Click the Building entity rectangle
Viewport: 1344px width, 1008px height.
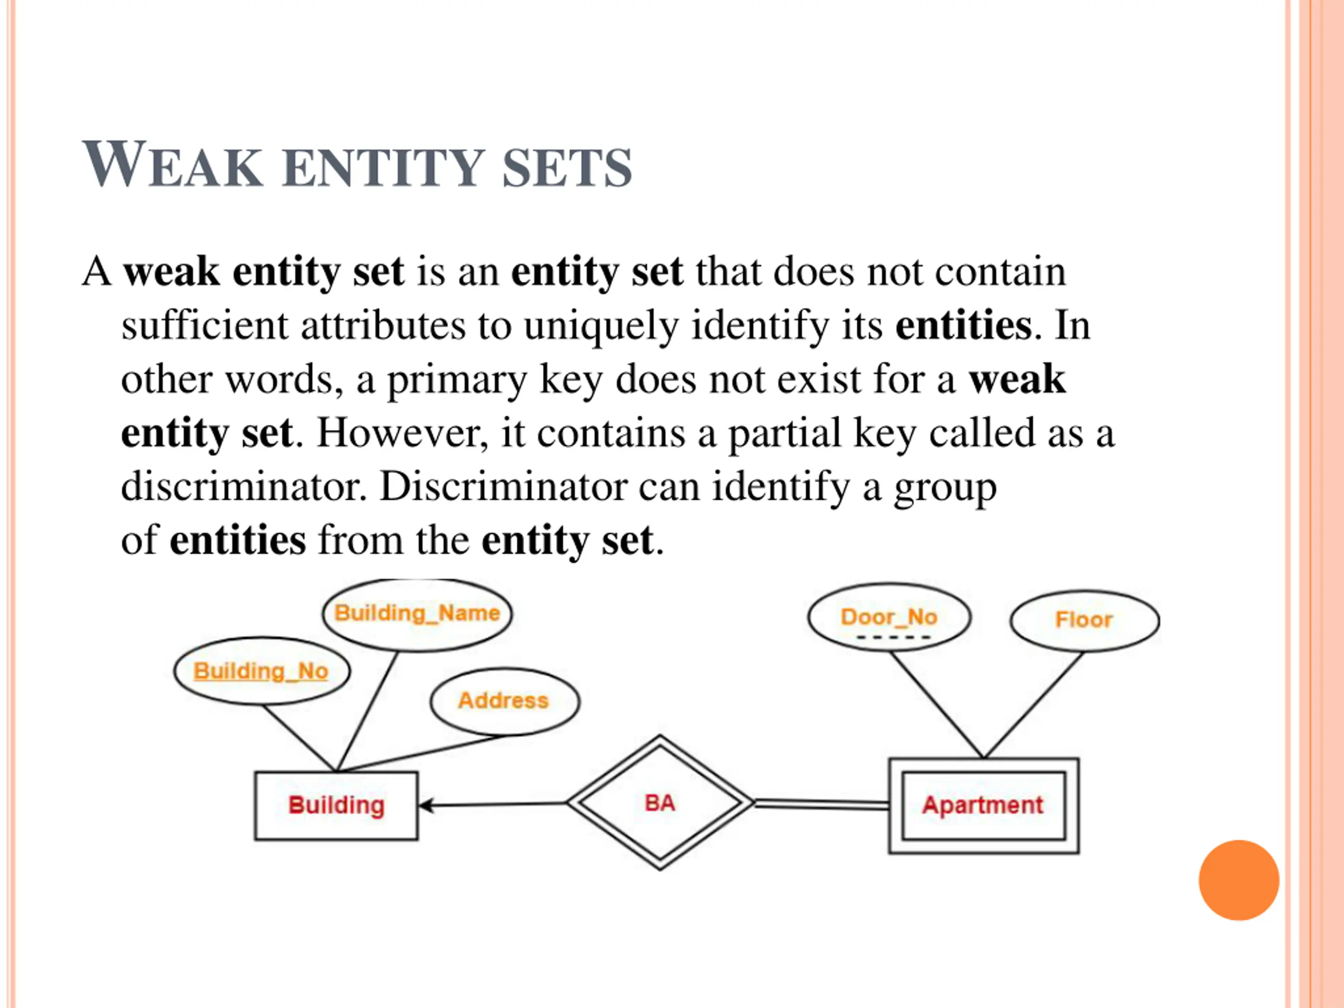click(336, 806)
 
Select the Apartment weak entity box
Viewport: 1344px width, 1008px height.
click(983, 806)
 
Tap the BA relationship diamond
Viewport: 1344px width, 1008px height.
click(660, 803)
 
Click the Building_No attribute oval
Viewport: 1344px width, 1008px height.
click(262, 671)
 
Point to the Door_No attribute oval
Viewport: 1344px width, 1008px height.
click(889, 617)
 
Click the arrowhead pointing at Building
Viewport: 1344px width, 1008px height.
click(425, 806)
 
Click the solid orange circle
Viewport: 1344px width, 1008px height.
click(1238, 880)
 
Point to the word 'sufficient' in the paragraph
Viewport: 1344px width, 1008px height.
click(204, 325)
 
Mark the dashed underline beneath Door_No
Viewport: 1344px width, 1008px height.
click(892, 637)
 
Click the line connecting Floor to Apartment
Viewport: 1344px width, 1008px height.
click(1033, 705)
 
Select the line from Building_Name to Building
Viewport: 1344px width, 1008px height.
click(367, 711)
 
